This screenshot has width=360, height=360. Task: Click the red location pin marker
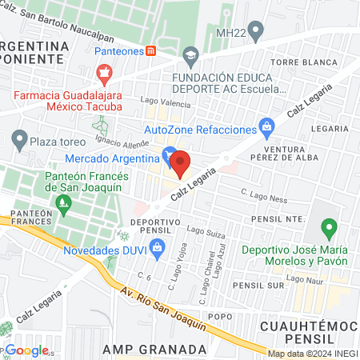(x=180, y=163)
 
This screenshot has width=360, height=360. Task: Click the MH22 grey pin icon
(x=256, y=32)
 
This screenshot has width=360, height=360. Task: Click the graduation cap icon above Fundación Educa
(x=190, y=57)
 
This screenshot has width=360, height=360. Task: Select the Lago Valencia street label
(x=166, y=101)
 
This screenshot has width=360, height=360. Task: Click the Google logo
(x=26, y=350)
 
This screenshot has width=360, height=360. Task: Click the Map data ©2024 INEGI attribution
(x=312, y=354)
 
